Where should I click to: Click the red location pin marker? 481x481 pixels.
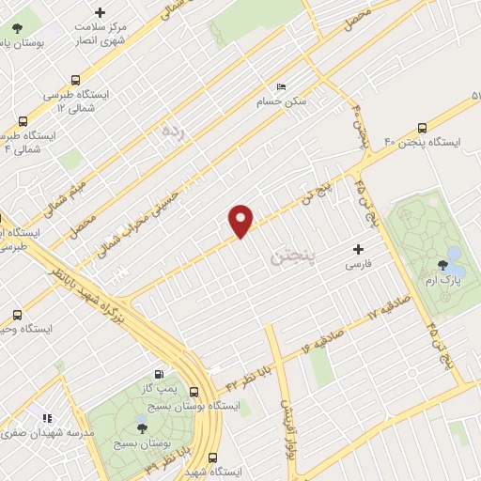pyautogui.click(x=241, y=219)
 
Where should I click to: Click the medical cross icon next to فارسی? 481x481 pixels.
pyautogui.click(x=357, y=250)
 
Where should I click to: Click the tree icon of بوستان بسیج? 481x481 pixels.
pyautogui.click(x=141, y=427)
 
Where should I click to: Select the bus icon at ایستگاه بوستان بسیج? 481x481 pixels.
pyautogui.click(x=194, y=392)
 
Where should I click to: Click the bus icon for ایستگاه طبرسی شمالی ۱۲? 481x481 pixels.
pyautogui.click(x=75, y=80)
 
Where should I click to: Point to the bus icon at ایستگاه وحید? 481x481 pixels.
pyautogui.click(x=16, y=316)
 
